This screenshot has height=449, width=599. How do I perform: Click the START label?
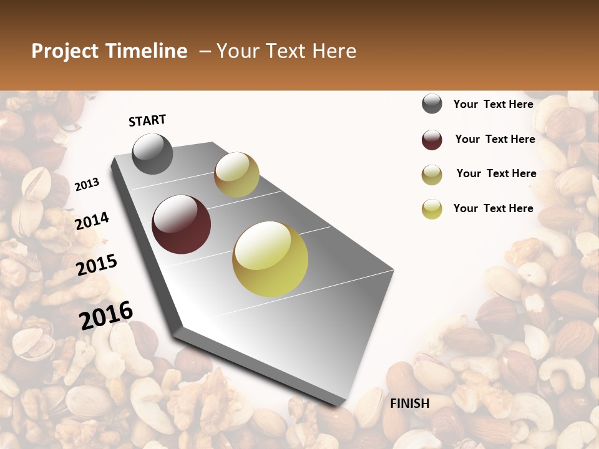tap(147, 120)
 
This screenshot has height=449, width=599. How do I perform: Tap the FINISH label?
tap(410, 403)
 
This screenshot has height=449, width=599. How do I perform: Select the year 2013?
tap(87, 184)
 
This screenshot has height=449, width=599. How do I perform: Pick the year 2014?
tap(92, 221)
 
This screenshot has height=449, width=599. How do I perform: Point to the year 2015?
tap(97, 264)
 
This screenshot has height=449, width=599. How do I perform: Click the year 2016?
tap(107, 315)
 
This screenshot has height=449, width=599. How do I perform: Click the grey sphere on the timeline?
tap(153, 154)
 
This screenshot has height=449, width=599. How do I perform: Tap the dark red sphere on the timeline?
tap(181, 224)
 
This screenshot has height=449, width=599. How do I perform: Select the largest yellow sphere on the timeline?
tap(270, 258)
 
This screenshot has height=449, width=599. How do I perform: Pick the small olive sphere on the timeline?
tap(236, 175)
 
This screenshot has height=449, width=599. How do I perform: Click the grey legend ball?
tap(432, 104)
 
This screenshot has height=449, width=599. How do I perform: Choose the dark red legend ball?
tap(432, 140)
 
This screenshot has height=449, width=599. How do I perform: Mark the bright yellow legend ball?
tap(432, 209)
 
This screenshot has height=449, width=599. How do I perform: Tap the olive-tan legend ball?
tap(432, 175)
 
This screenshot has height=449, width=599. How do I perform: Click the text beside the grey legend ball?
tap(493, 104)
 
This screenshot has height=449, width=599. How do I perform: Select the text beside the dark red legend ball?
tap(495, 139)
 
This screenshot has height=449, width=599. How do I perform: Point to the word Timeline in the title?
tap(148, 51)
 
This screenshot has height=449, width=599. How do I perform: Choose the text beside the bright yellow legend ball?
tap(493, 208)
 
